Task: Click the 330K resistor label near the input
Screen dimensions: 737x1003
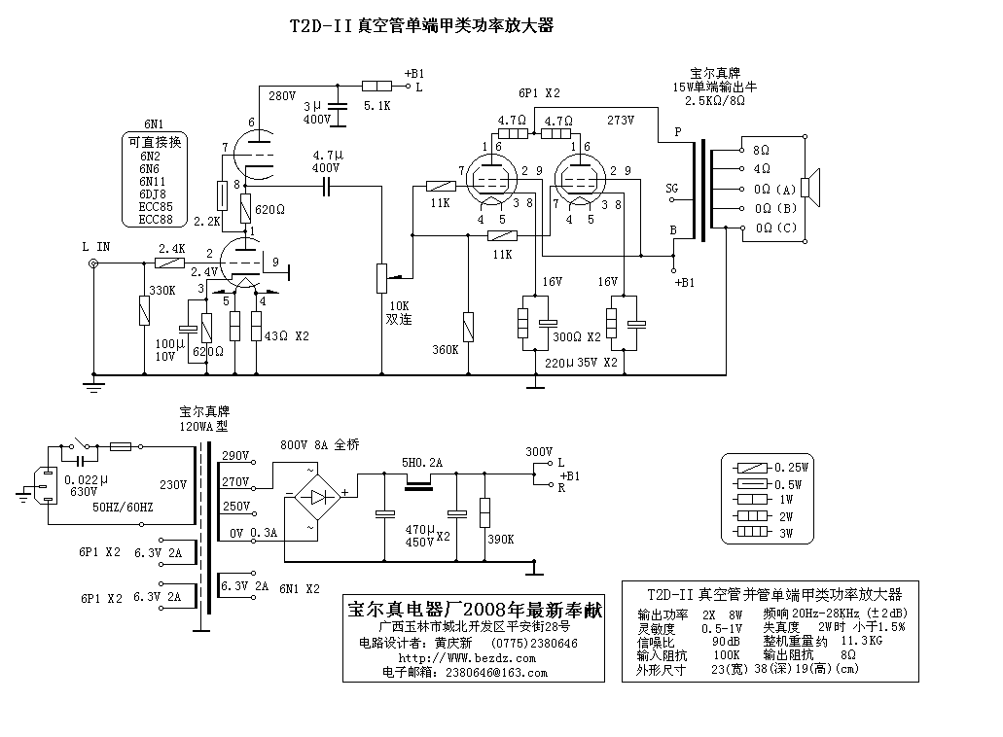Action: tap(162, 290)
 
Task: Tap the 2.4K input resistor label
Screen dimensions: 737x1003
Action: tap(172, 248)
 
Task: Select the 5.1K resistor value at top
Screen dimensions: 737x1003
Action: tap(376, 105)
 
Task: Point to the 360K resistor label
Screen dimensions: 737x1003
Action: tap(445, 349)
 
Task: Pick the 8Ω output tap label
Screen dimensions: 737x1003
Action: tap(761, 151)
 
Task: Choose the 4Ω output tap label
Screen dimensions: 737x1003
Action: tap(761, 169)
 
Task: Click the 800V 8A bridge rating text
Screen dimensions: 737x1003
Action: tap(319, 444)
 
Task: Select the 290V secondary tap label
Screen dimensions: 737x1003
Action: tap(236, 455)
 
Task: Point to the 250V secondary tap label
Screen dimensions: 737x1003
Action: tap(236, 507)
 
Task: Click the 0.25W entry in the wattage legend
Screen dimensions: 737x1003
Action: tap(792, 468)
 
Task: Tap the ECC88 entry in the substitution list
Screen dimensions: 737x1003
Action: tap(155, 220)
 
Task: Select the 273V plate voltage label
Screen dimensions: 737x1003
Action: tap(620, 121)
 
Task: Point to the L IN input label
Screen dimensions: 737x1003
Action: tap(96, 247)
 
